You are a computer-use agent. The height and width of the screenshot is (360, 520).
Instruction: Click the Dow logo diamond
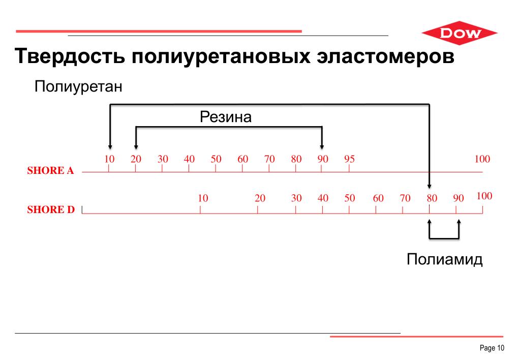click(x=460, y=34)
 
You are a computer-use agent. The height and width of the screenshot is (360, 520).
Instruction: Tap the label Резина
click(x=226, y=117)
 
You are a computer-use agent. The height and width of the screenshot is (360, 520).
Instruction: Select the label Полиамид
click(x=444, y=259)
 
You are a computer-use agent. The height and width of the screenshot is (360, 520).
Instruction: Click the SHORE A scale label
click(x=50, y=171)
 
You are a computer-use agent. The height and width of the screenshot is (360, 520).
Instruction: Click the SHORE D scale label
click(x=50, y=209)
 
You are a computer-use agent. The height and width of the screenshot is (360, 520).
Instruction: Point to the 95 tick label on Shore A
click(x=349, y=159)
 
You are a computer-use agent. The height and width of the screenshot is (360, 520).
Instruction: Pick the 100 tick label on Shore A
click(x=482, y=159)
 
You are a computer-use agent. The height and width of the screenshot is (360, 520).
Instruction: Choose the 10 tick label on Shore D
click(x=203, y=198)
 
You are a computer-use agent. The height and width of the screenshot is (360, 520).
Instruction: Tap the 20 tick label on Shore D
click(x=260, y=198)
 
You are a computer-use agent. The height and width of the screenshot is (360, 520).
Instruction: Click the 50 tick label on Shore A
click(x=216, y=159)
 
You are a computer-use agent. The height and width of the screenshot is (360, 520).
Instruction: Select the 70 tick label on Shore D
click(x=405, y=198)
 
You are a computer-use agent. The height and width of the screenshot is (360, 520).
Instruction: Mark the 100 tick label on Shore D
click(x=484, y=196)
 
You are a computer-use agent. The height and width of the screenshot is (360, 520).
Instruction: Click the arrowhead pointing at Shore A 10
click(x=109, y=147)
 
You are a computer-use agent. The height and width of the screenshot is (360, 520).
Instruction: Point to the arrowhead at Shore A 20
click(x=136, y=147)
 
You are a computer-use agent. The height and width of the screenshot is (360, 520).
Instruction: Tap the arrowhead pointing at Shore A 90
click(x=322, y=147)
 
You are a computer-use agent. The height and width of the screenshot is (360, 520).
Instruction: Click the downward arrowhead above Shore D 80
click(x=430, y=186)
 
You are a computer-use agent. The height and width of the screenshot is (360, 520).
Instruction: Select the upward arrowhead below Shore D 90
click(x=459, y=222)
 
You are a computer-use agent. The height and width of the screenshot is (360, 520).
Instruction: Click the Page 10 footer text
click(x=492, y=348)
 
